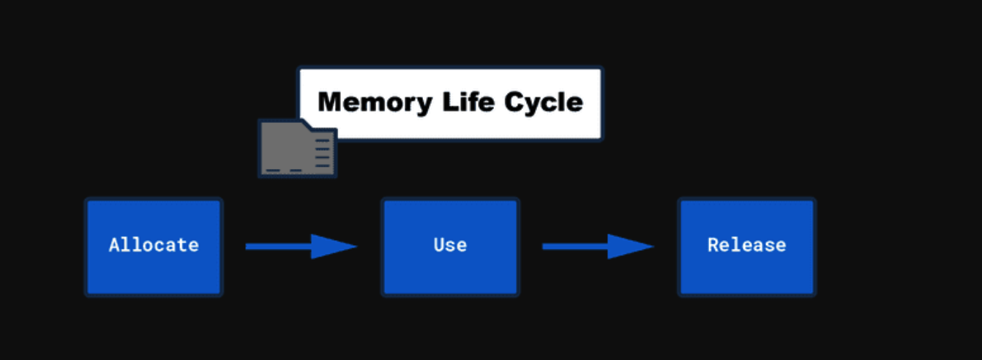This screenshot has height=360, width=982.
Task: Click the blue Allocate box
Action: tap(154, 247)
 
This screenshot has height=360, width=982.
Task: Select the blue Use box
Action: tap(450, 247)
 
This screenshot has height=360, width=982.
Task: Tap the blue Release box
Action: tap(746, 247)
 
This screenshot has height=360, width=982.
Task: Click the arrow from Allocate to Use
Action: tap(300, 247)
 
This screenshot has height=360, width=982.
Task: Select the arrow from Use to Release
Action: tap(596, 247)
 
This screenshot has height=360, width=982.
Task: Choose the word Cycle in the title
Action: tap(543, 102)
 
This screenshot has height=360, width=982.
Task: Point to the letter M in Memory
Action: tap(330, 102)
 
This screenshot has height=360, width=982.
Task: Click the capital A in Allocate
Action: tap(114, 245)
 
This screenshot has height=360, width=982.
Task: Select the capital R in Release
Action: tap(712, 245)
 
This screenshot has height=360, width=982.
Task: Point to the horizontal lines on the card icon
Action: tap(323, 150)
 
